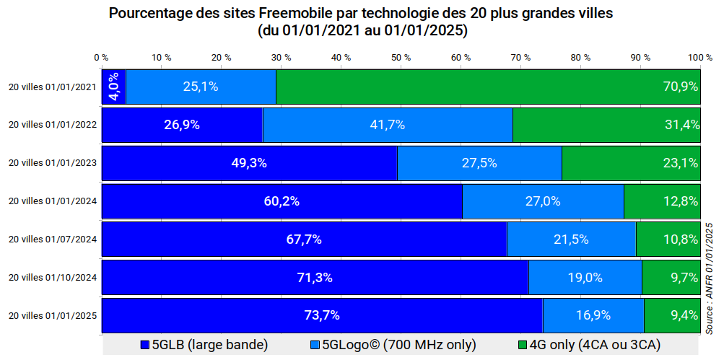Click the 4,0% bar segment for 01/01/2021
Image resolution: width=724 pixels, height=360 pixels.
(x=113, y=87)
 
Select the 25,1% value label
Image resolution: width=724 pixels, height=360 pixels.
(x=200, y=87)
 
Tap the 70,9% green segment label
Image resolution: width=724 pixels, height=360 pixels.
(x=680, y=87)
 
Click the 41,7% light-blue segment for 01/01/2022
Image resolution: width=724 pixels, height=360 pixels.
(x=387, y=125)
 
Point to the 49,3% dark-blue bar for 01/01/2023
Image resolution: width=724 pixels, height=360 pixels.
(x=249, y=163)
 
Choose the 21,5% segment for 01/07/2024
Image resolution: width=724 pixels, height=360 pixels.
(x=571, y=240)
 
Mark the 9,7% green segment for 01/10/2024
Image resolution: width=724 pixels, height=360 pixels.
(x=671, y=277)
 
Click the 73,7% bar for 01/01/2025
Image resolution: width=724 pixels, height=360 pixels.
(x=322, y=315)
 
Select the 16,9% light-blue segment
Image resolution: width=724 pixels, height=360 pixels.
(x=593, y=315)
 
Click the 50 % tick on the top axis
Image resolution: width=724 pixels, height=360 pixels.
(x=401, y=57)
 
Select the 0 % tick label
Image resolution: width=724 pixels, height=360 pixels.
(x=101, y=57)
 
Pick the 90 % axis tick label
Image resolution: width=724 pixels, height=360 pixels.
(x=640, y=57)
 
